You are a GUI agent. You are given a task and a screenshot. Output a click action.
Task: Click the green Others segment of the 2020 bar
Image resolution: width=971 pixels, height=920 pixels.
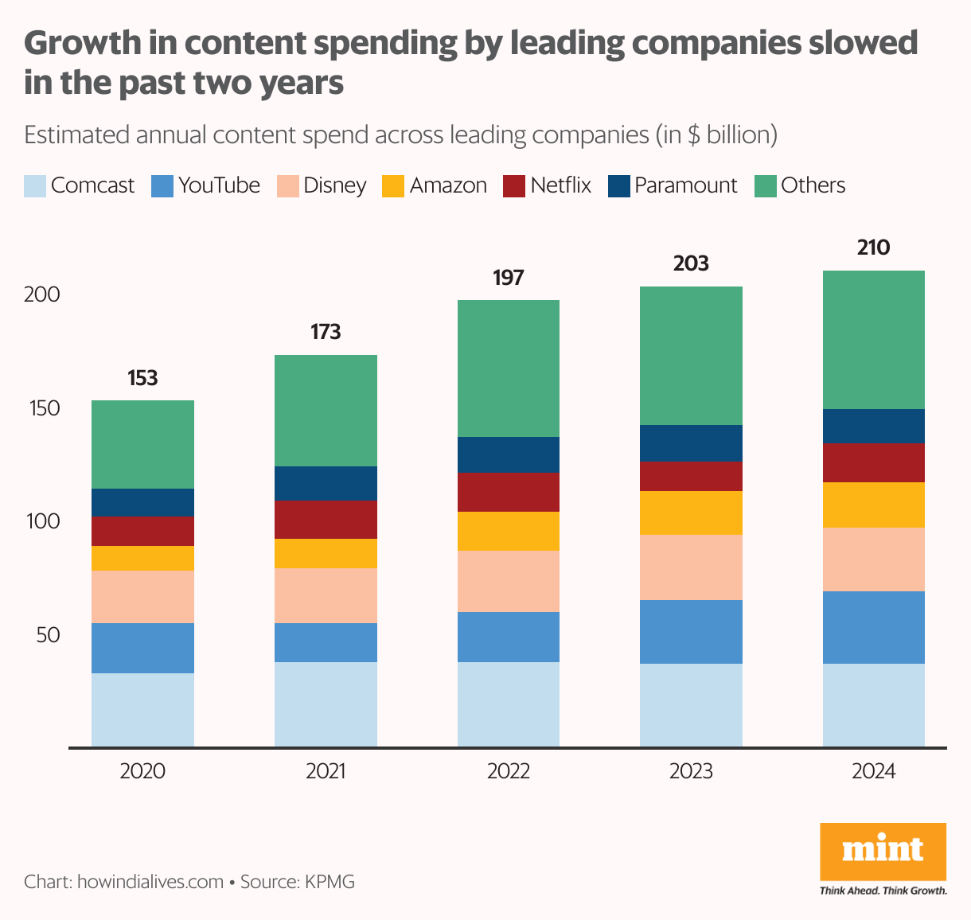point(142,444)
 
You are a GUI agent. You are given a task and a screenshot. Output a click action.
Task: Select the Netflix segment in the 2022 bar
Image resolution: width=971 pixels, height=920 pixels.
point(508,492)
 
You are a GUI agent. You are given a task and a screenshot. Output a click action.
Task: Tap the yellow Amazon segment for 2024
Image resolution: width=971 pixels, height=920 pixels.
point(873,505)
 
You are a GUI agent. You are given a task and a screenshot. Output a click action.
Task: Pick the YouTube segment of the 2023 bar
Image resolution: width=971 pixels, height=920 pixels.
point(691,632)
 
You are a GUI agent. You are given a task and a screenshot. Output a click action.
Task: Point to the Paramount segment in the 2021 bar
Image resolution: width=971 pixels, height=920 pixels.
point(326,483)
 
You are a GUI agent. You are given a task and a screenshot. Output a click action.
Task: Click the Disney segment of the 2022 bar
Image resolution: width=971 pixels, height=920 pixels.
point(508,581)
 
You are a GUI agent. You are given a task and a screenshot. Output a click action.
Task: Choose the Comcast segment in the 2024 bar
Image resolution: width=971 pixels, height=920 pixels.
point(873,705)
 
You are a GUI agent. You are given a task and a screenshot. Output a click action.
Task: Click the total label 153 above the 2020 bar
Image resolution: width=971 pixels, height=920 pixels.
point(142,378)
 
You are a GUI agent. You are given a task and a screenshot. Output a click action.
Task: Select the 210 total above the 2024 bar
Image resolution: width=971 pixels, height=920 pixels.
point(873,248)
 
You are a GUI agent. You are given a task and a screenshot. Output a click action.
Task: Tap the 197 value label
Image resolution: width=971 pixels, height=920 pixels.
point(508,278)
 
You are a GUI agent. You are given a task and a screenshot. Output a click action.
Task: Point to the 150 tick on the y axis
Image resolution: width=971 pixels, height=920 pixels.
point(42,408)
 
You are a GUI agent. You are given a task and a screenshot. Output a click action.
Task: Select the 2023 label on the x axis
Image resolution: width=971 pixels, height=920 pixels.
point(691,771)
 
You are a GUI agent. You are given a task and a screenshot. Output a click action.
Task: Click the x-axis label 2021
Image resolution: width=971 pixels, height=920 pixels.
point(326,771)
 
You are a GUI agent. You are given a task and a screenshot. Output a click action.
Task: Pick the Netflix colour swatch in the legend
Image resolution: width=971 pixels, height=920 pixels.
point(514,186)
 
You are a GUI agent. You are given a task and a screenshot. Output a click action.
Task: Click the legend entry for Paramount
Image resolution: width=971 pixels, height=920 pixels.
point(685,185)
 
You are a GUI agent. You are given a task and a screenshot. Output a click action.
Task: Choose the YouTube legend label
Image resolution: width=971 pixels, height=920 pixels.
point(219,185)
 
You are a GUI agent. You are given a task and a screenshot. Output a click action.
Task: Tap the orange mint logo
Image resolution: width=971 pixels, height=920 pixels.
point(883,852)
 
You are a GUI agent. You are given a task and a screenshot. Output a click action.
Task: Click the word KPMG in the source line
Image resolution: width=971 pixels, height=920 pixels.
point(330,882)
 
